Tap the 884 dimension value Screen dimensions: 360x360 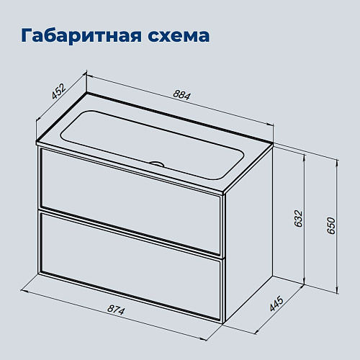(x=181, y=95)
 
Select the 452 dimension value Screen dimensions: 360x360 (x=58, y=91)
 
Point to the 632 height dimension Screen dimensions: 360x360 (x=298, y=219)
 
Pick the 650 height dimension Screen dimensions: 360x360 (x=331, y=225)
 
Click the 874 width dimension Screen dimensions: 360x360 (x=116, y=310)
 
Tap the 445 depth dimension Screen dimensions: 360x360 (x=276, y=304)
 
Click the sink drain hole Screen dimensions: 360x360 (x=156, y=163)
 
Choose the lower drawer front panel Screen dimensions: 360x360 (x=131, y=266)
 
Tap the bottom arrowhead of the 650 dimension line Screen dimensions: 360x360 (x=338, y=289)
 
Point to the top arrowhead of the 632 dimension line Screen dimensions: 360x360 (x=305, y=158)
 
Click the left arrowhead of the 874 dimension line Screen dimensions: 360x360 (x=24, y=292)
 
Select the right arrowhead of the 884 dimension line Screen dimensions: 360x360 (x=270, y=123)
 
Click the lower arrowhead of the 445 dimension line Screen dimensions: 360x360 (x=257, y=331)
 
